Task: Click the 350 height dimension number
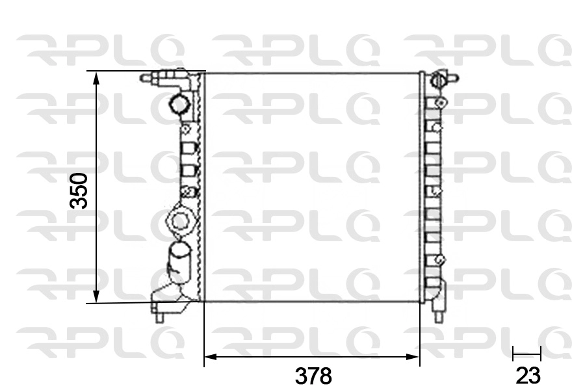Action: pos(79,190)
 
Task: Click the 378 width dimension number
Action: pos(313,375)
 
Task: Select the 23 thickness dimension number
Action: pos(527,375)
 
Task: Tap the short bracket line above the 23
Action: pos(526,354)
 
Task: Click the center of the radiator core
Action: pos(312,187)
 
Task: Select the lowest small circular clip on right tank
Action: pos(440,260)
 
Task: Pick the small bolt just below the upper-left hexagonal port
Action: pos(187,129)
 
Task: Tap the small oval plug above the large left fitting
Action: pos(188,191)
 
